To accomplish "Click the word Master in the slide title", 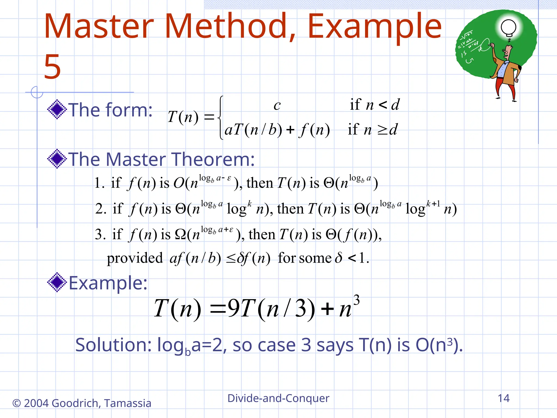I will [99, 27].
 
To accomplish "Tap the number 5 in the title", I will [52, 67].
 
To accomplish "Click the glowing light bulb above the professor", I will [508, 27].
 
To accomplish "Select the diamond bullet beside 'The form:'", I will [57, 109].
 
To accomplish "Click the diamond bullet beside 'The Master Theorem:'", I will [57, 159].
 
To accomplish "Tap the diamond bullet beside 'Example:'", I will [57, 282].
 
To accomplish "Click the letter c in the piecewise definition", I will [277, 105].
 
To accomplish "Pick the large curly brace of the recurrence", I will [221, 118].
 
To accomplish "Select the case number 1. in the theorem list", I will [99, 183].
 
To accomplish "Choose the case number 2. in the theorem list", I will [101, 209].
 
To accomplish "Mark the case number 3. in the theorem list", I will [100, 234].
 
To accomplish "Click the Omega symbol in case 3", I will [180, 234].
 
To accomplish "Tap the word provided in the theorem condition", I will [135, 258].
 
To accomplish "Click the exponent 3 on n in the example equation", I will [357, 300].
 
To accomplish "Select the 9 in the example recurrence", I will [234, 308].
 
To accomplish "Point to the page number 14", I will [503, 398].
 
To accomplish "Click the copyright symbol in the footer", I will [16, 403].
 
